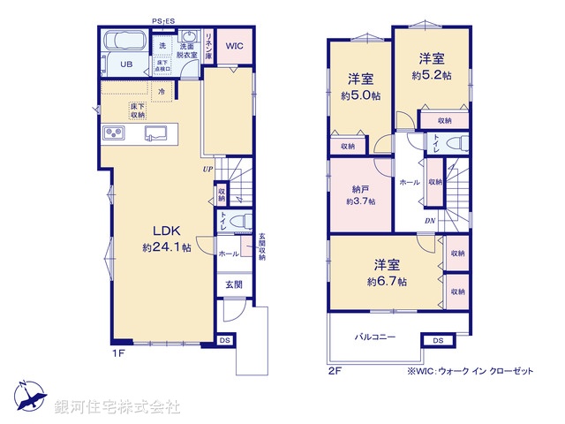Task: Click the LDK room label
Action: click(x=167, y=231)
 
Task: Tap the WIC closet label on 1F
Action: click(x=234, y=46)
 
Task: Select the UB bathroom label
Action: click(x=126, y=64)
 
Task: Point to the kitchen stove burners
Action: click(x=116, y=132)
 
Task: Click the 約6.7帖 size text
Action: click(x=388, y=281)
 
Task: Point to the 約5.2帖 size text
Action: click(x=433, y=76)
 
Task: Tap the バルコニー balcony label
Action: click(x=375, y=337)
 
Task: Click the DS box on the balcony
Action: click(x=437, y=340)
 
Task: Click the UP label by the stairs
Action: click(x=207, y=170)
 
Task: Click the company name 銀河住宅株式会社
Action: click(x=117, y=407)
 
